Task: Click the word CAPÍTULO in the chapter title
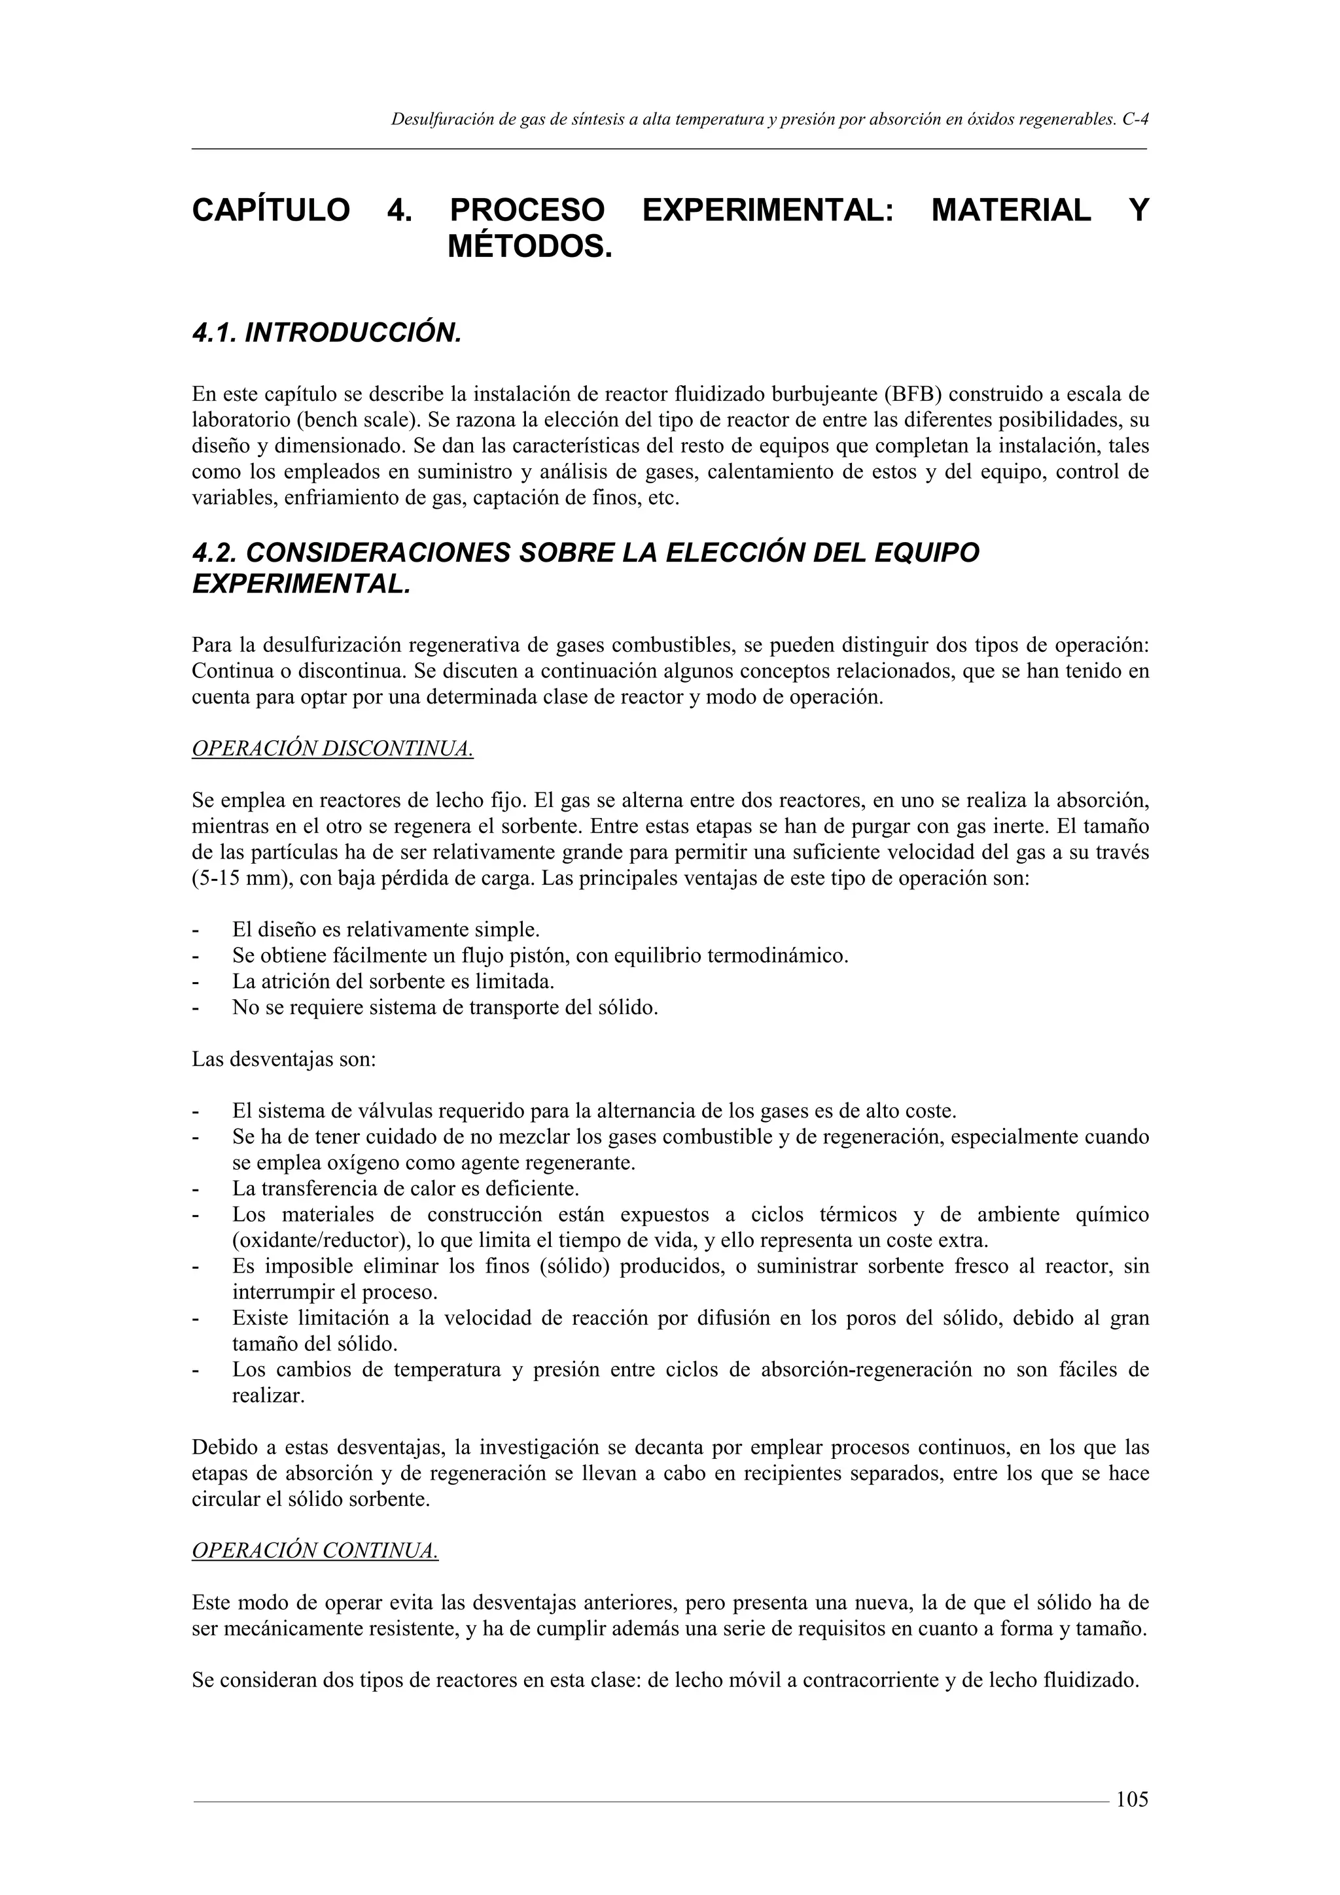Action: [271, 211]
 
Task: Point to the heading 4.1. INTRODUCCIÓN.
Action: [325, 333]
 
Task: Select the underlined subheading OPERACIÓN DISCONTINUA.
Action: [332, 749]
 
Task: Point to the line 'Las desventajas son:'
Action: [284, 1059]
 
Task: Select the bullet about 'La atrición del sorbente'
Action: [392, 982]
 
